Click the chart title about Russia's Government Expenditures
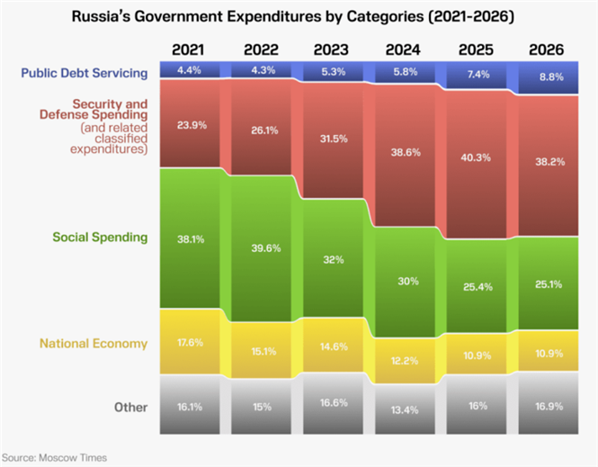299,16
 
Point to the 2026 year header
546,49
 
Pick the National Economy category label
94,344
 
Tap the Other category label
130,408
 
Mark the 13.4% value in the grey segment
405,409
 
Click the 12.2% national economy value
405,360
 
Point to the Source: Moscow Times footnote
54,458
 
